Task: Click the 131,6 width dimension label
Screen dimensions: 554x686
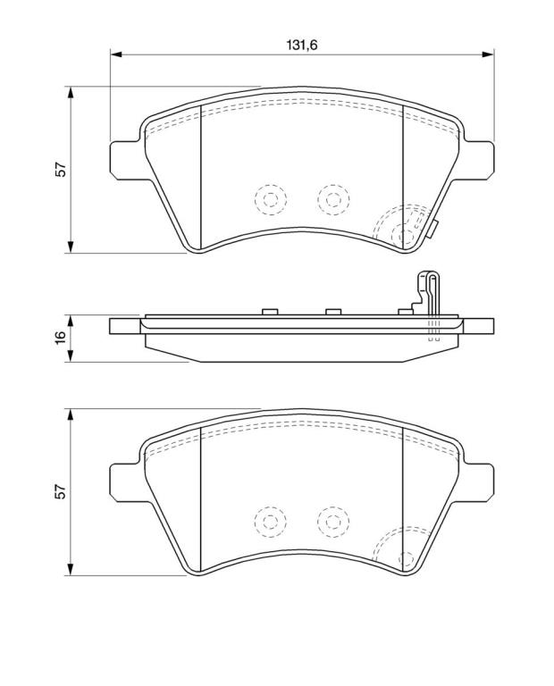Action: tap(301, 44)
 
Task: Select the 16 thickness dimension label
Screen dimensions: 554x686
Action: tap(61, 338)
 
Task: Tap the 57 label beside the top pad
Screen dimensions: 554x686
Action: tap(61, 170)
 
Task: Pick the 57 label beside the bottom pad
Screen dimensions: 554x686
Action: tap(61, 492)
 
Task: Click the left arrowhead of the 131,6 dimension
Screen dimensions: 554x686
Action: tap(115, 54)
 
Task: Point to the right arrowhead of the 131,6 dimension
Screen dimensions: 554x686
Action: tap(488, 54)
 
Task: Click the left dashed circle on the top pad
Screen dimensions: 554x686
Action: tap(271, 199)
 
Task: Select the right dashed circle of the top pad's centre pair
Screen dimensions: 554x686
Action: tap(333, 199)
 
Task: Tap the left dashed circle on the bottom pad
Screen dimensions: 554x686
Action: tap(271, 522)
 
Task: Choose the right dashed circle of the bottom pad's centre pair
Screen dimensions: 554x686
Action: tap(333, 522)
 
